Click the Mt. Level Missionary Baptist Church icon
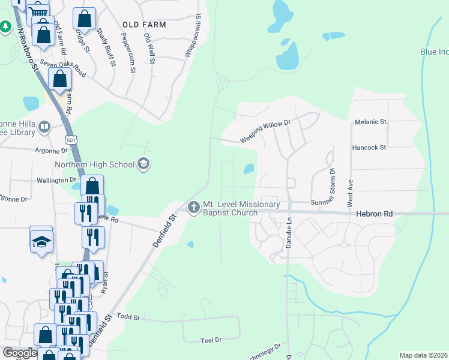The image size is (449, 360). (x=193, y=208)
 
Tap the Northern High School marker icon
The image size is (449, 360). (x=143, y=163)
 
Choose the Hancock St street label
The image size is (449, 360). (x=369, y=146)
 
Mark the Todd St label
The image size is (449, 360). (x=128, y=316)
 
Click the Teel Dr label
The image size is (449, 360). (x=211, y=340)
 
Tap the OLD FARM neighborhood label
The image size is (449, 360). (x=144, y=25)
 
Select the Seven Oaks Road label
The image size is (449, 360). (x=63, y=69)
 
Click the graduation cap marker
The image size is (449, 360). (x=41, y=241)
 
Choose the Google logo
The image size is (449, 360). (x=20, y=353)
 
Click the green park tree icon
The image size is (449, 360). (x=5, y=27)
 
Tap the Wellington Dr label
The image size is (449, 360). (x=56, y=180)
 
